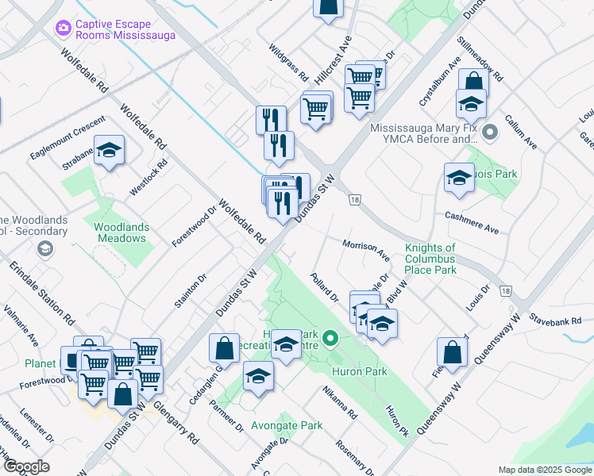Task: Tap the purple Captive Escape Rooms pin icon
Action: click(x=63, y=29)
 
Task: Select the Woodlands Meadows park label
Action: click(x=121, y=232)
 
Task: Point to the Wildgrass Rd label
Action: click(x=287, y=63)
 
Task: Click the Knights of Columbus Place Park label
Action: click(x=430, y=259)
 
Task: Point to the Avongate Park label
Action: click(x=287, y=425)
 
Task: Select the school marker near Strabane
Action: click(x=110, y=151)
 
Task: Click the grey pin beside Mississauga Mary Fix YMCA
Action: click(x=490, y=132)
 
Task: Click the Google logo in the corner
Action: click(x=26, y=466)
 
